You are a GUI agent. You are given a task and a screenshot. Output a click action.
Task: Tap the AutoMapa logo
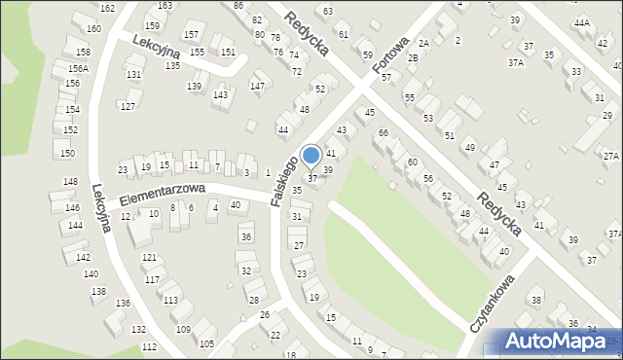pyautogui.click(x=560, y=341)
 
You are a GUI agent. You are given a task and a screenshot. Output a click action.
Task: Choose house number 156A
pyautogui.click(x=78, y=69)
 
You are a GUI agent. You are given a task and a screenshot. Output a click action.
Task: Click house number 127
pyautogui.click(x=128, y=106)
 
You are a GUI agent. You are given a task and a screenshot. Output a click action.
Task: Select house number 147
pyautogui.click(x=257, y=87)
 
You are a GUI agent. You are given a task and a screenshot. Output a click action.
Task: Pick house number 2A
pyautogui.click(x=423, y=44)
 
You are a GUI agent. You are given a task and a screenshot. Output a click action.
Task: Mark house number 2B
pyautogui.click(x=413, y=58)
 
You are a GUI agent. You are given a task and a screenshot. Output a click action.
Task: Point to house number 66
pyautogui.click(x=384, y=132)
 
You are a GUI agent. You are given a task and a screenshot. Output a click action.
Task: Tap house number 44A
pyautogui.click(x=582, y=22)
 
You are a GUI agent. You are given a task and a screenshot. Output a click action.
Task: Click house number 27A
pyautogui.click(x=610, y=156)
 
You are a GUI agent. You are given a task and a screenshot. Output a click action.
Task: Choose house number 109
pyautogui.click(x=183, y=329)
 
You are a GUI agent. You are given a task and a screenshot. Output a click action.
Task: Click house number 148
pyautogui.click(x=70, y=182)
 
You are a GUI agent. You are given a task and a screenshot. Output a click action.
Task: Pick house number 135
pyautogui.click(x=172, y=65)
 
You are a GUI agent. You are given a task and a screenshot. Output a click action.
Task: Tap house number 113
pyautogui.click(x=170, y=300)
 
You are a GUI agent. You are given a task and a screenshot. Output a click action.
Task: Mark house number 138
pyautogui.click(x=98, y=291)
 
